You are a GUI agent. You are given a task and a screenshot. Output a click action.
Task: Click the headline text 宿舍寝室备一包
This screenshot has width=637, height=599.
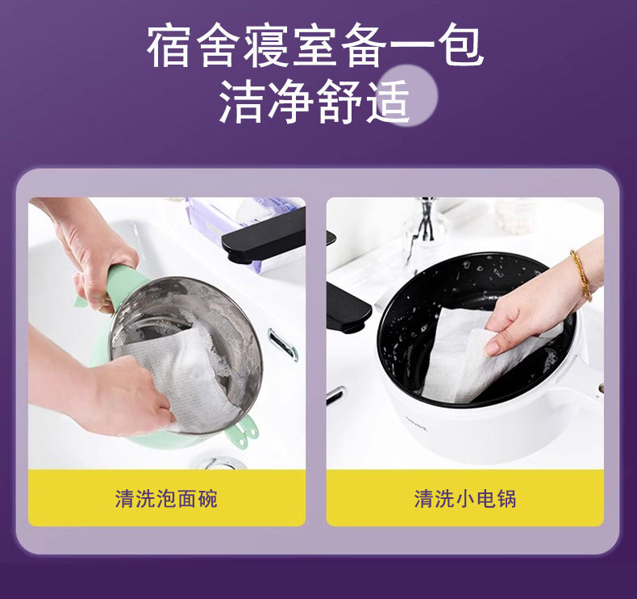pyautogui.click(x=315, y=46)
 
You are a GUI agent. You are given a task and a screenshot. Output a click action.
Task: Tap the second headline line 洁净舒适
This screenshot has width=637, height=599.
pyautogui.click(x=315, y=102)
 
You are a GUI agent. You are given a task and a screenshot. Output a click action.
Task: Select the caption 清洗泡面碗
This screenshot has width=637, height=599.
pyautogui.click(x=166, y=499)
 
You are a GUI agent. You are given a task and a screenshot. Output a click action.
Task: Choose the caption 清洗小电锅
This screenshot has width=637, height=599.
pyautogui.click(x=465, y=499)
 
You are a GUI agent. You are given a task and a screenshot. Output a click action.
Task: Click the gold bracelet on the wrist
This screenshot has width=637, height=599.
pyautogui.click(x=581, y=275)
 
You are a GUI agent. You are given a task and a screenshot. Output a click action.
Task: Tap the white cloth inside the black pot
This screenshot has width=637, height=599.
pyautogui.click(x=484, y=354)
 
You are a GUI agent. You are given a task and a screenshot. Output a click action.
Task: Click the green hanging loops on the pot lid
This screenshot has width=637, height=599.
pyautogui.click(x=243, y=431)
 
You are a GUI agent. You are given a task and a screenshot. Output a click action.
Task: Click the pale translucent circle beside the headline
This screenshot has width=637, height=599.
pyautogui.click(x=410, y=95)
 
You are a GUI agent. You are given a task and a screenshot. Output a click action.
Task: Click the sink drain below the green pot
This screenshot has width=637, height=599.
pyautogui.click(x=219, y=463)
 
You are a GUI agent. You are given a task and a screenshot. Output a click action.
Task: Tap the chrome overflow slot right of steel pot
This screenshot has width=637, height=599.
pyautogui.click(x=283, y=344)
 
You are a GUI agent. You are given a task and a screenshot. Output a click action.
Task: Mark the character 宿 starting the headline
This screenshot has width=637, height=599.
pyautogui.click(x=169, y=46)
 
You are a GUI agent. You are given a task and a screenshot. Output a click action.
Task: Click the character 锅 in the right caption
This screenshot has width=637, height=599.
pyautogui.click(x=506, y=499)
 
